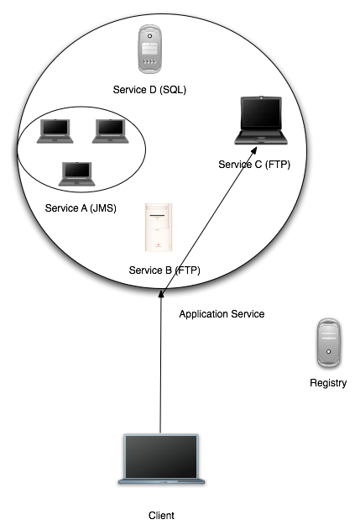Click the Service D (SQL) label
tap(149, 90)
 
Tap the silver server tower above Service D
tap(149, 49)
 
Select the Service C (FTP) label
tap(254, 165)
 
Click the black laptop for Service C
tap(261, 121)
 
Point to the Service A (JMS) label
tap(81, 208)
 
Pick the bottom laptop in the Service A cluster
tap(77, 174)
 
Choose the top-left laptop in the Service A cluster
tap(55, 131)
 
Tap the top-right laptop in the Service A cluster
tap(111, 131)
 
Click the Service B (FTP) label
tap(164, 270)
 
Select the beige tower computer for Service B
tap(159, 227)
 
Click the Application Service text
tap(222, 314)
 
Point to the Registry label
tap(328, 383)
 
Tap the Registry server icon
tap(329, 343)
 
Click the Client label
tap(161, 516)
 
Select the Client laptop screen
tap(161, 457)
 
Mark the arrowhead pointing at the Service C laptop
tap(253, 150)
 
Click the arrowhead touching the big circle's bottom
tap(161, 293)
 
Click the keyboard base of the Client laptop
tap(161, 481)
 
